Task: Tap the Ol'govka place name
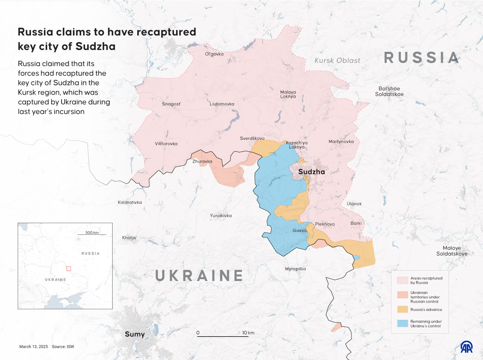click(x=214, y=54)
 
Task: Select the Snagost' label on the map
click(x=171, y=104)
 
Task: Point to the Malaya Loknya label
click(x=288, y=94)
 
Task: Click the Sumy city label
click(x=135, y=334)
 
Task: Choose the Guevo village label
click(x=299, y=231)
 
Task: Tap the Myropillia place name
click(x=295, y=269)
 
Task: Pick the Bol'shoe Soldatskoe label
click(x=389, y=92)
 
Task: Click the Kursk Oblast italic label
click(x=337, y=60)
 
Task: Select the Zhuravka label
click(x=202, y=161)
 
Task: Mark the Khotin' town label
click(x=129, y=238)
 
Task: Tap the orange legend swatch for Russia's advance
click(x=402, y=309)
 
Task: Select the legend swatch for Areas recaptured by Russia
click(x=402, y=280)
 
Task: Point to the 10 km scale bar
click(x=220, y=335)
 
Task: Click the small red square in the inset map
click(x=68, y=268)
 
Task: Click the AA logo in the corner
click(x=467, y=346)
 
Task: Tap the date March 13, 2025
click(x=33, y=347)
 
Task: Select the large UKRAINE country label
click(x=199, y=275)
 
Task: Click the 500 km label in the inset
click(x=92, y=233)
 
